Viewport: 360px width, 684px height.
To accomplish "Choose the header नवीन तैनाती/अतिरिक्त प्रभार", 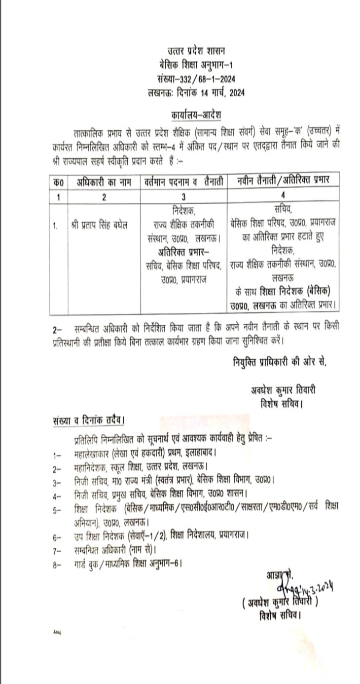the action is tap(283, 181).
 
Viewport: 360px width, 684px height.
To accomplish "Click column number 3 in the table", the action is tap(183, 196).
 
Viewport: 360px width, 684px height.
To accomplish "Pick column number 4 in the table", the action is tap(283, 196).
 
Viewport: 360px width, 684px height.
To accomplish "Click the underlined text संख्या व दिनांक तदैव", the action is tap(88, 420).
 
